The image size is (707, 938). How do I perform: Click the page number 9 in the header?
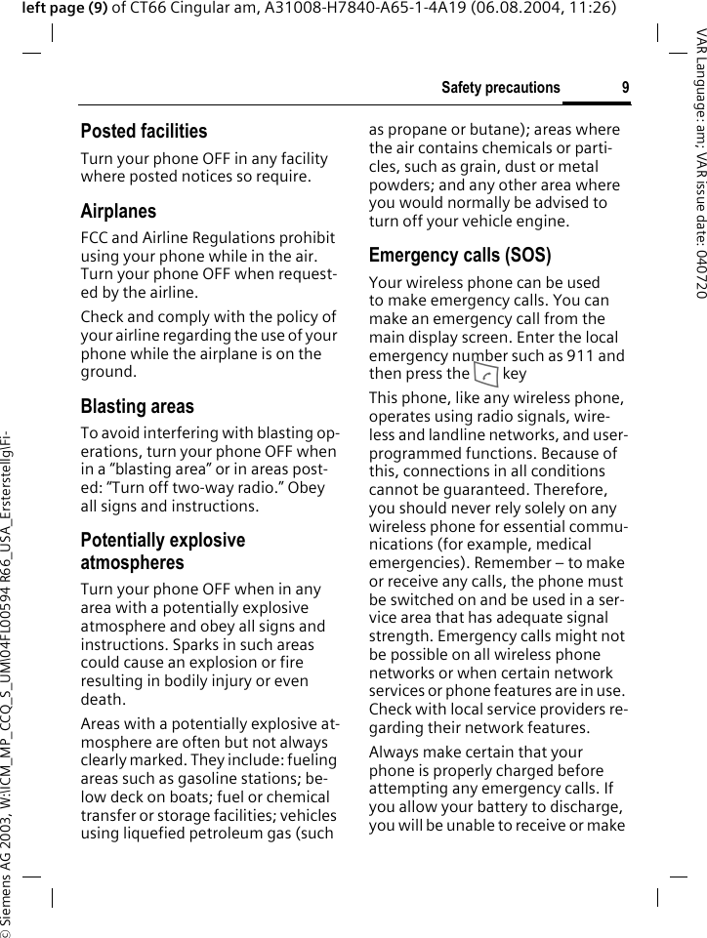tap(625, 88)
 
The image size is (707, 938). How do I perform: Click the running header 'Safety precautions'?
tap(500, 88)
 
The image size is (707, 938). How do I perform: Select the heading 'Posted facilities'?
tap(144, 131)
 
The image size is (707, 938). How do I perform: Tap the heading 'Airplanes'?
tap(118, 211)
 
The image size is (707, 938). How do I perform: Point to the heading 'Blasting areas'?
tap(137, 406)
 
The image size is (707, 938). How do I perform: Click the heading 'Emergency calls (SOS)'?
tap(459, 256)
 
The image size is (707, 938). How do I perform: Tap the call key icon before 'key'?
tap(485, 374)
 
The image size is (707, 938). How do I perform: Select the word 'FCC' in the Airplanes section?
tap(95, 237)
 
